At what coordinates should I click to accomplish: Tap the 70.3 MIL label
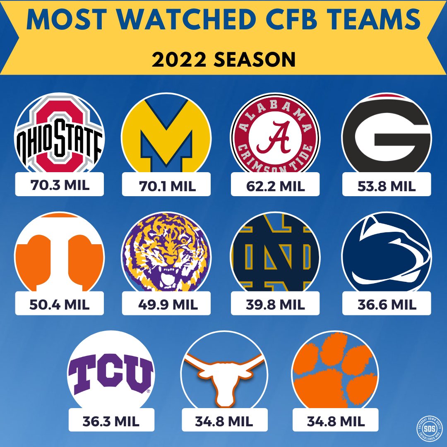60,185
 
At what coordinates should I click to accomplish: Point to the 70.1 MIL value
166,186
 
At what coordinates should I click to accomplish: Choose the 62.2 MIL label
275,186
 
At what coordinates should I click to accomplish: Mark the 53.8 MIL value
387,186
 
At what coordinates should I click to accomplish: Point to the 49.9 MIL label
166,305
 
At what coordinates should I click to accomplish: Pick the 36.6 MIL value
387,305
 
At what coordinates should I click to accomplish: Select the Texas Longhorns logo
223,372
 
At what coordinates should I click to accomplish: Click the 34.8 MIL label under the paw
335,421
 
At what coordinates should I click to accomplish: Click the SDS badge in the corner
428,429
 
